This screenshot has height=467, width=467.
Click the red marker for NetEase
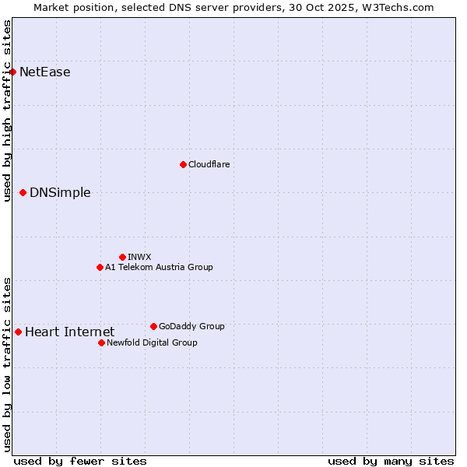coord(12,72)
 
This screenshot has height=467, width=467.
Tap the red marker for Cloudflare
coord(183,164)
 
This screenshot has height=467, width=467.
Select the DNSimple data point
coord(23,192)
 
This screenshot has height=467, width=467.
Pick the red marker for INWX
coord(122,257)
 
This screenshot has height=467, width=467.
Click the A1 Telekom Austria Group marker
coord(100,267)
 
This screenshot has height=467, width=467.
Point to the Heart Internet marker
coord(18,332)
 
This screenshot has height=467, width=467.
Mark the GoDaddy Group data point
coord(153,326)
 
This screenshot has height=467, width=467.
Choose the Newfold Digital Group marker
coord(101,342)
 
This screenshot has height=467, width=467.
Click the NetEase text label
coord(45,72)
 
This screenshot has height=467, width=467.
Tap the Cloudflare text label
coord(209,164)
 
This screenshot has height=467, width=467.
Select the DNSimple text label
coord(60,193)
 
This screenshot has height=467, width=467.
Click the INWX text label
coord(139,257)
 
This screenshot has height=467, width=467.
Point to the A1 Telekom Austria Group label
coord(159,267)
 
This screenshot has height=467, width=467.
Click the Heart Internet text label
coord(70,332)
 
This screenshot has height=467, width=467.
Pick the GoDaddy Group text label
coord(191,326)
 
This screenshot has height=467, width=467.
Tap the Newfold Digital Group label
coord(152,342)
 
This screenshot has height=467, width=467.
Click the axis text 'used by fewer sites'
coord(80,461)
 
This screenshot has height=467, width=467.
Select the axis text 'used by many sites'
coord(391,461)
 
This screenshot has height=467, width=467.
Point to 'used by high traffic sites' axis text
coord(7,111)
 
